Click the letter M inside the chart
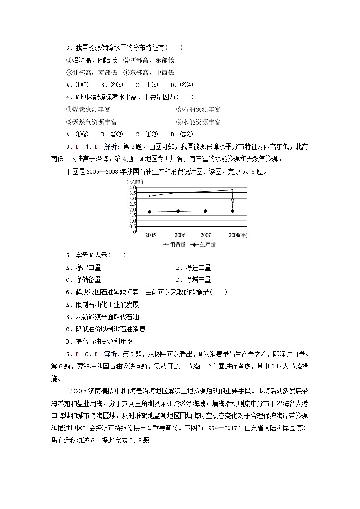click(x=232, y=201)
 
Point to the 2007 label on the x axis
click(x=206, y=235)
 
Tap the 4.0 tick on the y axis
click(x=132, y=188)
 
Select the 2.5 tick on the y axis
click(x=132, y=204)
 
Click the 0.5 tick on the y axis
click(x=132, y=226)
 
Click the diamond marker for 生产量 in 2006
click(x=178, y=211)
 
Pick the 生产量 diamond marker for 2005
click(x=150, y=212)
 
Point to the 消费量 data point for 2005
click(x=150, y=196)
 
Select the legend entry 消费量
click(x=172, y=244)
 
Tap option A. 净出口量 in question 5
click(x=83, y=268)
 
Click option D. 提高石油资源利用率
click(x=105, y=341)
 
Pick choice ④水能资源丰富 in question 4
click(x=198, y=122)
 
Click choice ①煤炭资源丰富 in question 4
click(x=88, y=109)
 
